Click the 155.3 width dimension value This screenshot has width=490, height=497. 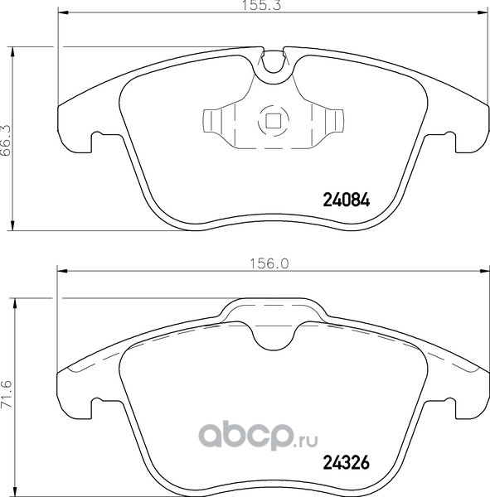(261, 6)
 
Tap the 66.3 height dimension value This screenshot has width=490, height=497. (6, 140)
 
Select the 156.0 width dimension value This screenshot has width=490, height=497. (269, 263)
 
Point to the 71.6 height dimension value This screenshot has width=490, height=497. (6, 395)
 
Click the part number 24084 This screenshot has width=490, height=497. (347, 200)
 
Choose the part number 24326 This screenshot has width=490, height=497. (347, 462)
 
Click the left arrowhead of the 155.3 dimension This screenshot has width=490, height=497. (63, 12)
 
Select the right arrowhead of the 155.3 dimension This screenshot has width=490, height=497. (482, 12)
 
